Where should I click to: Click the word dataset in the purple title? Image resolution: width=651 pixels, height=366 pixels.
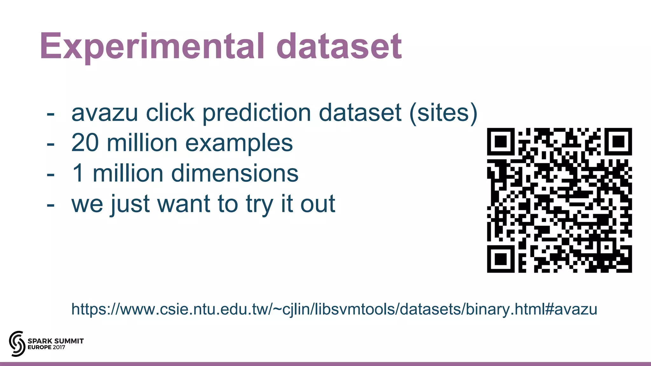point(339,47)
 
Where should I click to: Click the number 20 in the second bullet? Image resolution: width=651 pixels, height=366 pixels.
point(85,143)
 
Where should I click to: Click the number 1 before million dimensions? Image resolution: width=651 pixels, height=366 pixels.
point(78,173)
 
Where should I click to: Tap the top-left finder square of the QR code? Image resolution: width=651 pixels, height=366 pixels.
point(501,142)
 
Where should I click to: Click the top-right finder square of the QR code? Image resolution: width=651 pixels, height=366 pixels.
point(618,142)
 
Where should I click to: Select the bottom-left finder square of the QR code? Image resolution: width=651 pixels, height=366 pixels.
point(501,259)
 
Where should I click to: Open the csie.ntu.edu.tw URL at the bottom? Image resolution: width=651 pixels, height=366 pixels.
point(334,309)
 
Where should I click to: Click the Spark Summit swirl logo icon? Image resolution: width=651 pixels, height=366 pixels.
point(17,343)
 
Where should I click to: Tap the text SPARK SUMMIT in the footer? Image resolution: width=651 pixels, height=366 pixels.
point(56,341)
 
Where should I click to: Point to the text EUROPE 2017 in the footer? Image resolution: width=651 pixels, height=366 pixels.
point(46,347)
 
